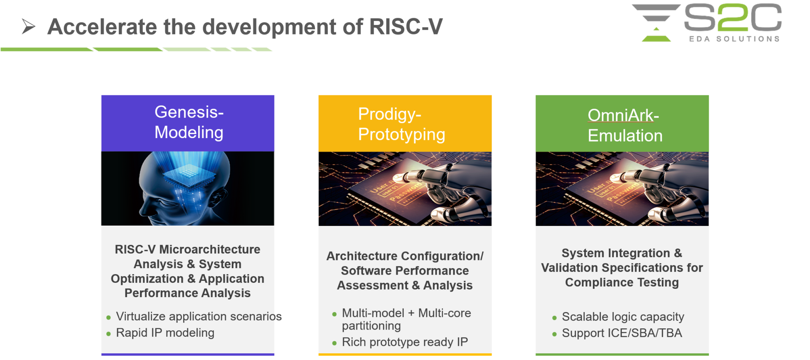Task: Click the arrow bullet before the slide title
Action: point(28,27)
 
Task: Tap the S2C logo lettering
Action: point(733,17)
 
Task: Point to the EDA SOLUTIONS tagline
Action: point(734,39)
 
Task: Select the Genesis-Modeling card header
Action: point(188,123)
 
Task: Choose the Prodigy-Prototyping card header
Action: point(405,123)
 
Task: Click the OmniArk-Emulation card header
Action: point(622,123)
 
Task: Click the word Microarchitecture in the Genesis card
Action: point(210,249)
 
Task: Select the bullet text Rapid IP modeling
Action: point(165,333)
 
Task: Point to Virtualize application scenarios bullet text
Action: point(199,316)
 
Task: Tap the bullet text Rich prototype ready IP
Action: point(405,342)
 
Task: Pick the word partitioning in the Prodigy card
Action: point(371,326)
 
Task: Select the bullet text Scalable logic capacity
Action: point(623,316)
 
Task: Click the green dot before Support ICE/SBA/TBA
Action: point(554,334)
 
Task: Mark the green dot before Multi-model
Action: point(334,314)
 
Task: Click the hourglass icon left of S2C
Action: point(656,23)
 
